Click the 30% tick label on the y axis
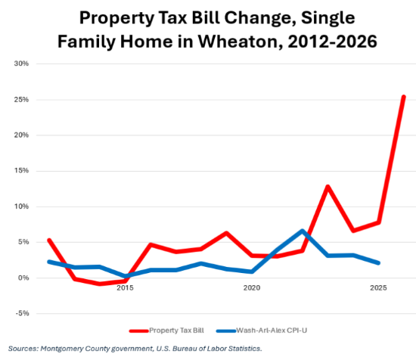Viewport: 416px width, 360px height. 21,64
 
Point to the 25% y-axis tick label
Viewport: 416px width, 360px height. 21,100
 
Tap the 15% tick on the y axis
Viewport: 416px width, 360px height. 21,171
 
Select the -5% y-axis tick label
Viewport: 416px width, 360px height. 22,313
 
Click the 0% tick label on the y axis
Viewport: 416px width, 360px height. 23,278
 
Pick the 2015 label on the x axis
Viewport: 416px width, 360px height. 125,288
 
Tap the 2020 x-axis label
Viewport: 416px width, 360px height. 252,288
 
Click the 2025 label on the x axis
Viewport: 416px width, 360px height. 378,288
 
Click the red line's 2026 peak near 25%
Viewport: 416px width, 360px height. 404,97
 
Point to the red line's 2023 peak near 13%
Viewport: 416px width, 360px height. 328,187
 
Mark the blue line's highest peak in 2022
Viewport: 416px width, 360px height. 303,231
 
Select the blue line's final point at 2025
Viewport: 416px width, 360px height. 378,263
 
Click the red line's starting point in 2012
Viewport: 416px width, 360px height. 49,240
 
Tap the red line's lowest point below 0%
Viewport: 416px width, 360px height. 100,284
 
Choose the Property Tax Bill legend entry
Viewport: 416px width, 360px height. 166,331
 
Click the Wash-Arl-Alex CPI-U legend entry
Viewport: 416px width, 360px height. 262,331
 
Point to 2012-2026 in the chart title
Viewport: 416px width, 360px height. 333,42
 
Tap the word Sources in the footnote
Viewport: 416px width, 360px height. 23,349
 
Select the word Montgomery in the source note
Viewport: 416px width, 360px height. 61,349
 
